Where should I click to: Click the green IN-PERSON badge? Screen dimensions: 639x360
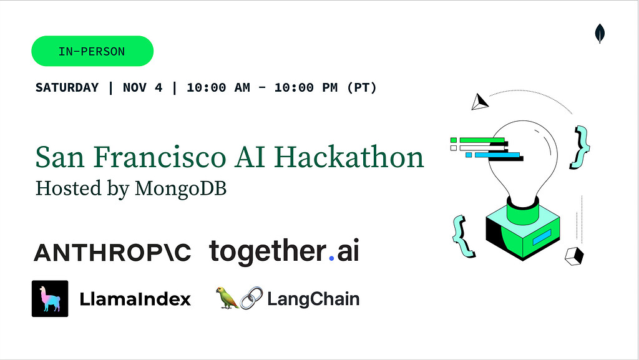(92, 51)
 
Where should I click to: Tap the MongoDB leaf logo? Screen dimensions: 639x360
(600, 33)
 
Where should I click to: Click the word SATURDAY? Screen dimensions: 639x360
(67, 87)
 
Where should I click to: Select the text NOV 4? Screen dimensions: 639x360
(143, 87)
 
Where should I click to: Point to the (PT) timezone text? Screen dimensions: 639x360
(362, 87)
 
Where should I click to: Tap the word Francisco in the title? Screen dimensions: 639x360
(160, 157)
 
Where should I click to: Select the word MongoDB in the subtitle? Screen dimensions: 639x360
(180, 188)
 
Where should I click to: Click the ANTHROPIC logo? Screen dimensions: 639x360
(112, 253)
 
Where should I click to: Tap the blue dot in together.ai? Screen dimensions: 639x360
(331, 258)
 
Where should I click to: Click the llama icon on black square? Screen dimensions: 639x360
(50, 298)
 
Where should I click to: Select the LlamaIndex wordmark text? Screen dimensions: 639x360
(135, 299)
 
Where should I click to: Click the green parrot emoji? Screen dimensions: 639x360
(227, 298)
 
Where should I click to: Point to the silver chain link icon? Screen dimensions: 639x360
(251, 298)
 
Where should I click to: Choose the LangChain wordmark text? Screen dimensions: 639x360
(313, 299)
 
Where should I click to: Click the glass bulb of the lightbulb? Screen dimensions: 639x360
(524, 159)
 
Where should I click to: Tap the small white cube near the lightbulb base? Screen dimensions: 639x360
(574, 256)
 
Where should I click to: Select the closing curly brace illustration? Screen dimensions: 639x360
(580, 147)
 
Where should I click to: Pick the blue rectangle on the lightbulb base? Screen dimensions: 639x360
(542, 237)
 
